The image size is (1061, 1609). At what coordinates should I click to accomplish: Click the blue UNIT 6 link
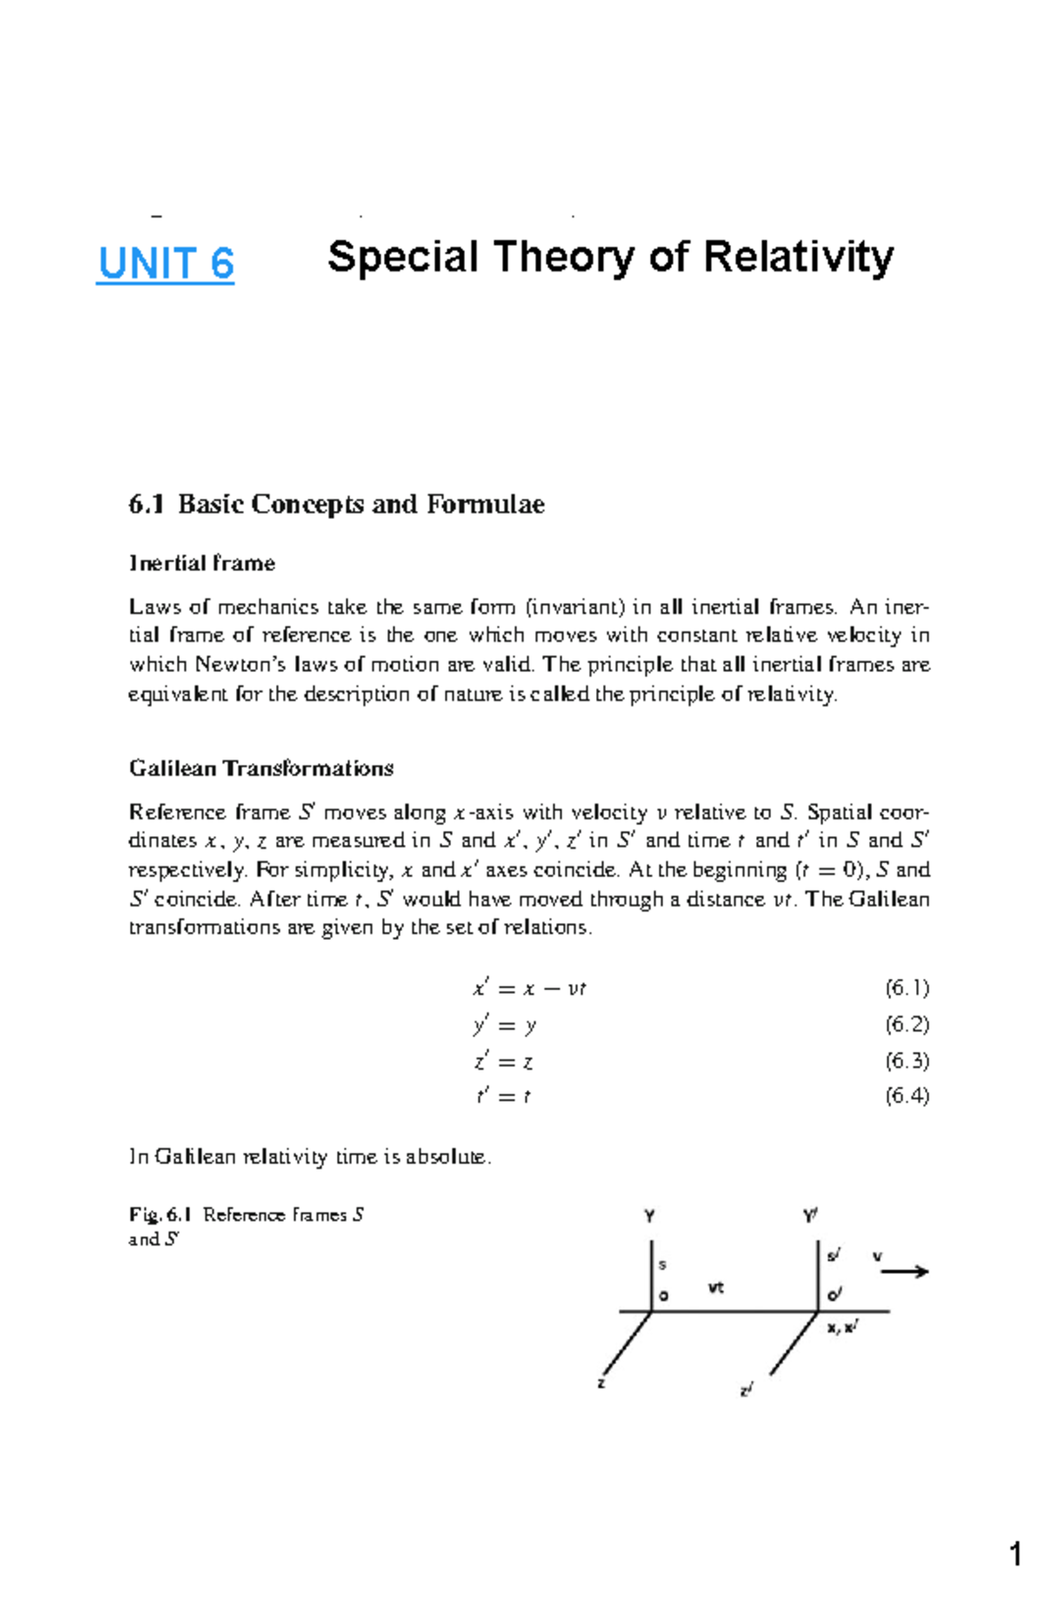click(165, 263)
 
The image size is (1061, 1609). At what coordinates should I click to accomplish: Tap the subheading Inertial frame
click(202, 563)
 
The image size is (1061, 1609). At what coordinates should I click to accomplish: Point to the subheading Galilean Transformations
click(261, 768)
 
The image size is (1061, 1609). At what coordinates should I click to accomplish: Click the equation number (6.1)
click(906, 988)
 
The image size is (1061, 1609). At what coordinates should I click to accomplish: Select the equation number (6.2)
click(906, 1025)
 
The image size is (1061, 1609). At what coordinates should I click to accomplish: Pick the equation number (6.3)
click(906, 1060)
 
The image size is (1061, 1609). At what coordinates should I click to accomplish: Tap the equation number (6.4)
click(906, 1096)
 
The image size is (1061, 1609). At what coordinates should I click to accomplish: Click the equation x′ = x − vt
click(530, 988)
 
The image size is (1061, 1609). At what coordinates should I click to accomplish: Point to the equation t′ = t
click(503, 1097)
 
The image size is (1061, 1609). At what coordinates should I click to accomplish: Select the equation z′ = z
click(503, 1061)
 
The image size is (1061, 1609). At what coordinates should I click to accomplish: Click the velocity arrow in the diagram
click(905, 1271)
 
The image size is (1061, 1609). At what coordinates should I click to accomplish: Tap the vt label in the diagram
click(715, 1288)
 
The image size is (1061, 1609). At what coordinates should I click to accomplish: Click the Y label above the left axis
click(650, 1216)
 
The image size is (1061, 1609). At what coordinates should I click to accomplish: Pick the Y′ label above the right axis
click(810, 1216)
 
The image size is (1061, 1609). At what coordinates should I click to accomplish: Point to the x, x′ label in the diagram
click(843, 1327)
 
